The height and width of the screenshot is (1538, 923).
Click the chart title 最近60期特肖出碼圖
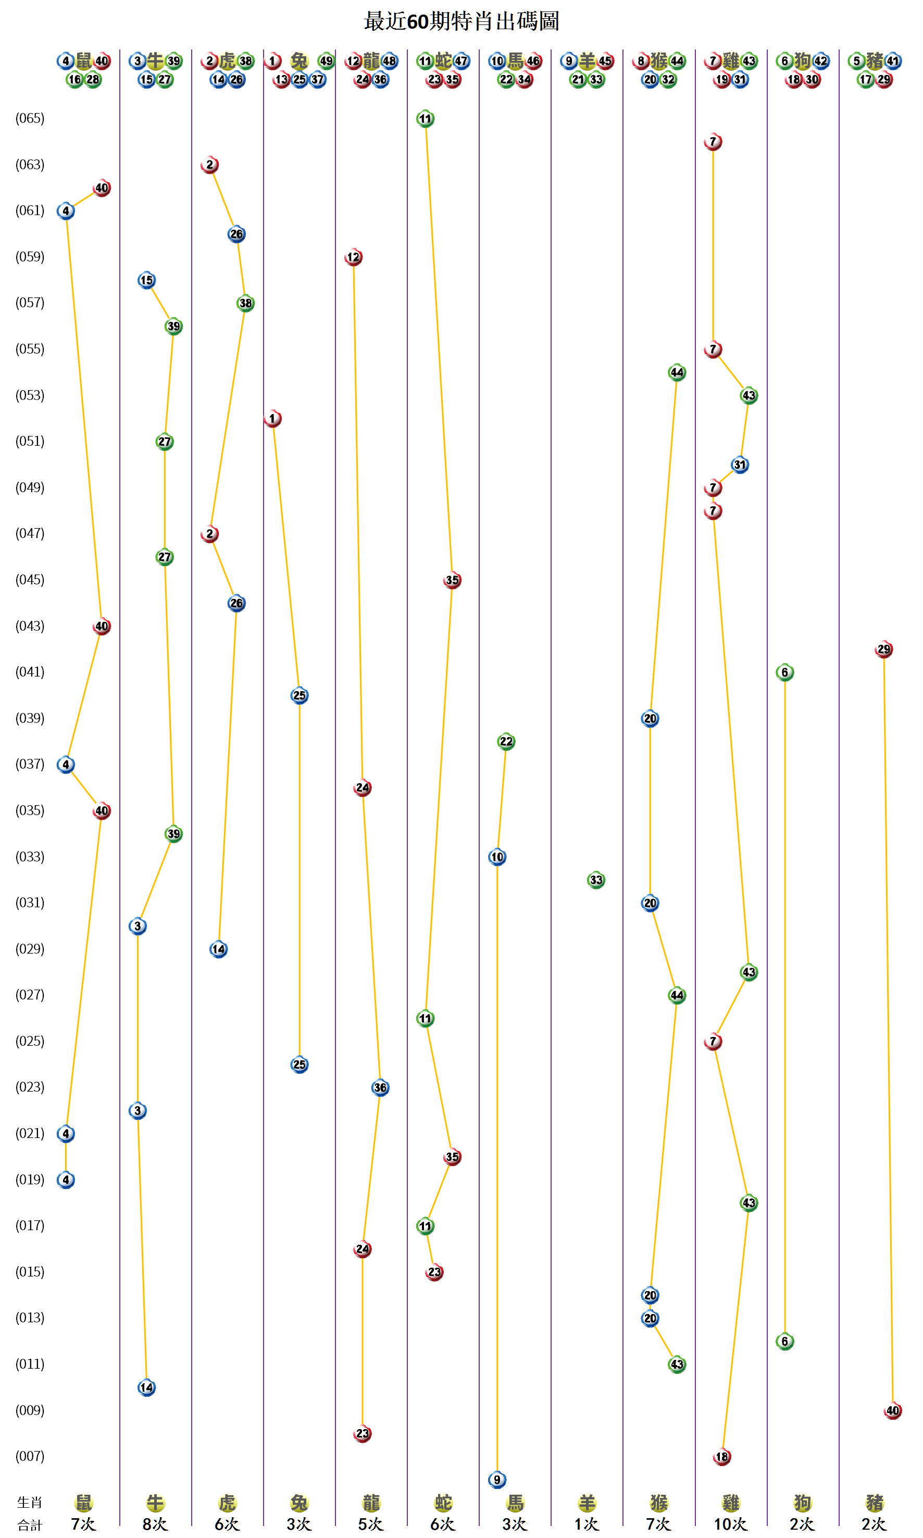[461, 21]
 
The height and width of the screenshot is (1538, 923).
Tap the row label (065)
[30, 118]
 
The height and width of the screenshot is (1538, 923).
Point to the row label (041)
[30, 672]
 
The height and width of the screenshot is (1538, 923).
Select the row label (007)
[30, 1455]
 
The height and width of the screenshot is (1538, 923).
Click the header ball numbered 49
[326, 61]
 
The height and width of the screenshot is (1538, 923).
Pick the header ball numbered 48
[389, 61]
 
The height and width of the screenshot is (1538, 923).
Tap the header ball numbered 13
[282, 80]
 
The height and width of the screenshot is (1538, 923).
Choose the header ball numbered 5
[856, 61]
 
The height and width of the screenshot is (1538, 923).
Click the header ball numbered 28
[93, 80]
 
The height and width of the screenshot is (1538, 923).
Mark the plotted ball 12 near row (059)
[353, 257]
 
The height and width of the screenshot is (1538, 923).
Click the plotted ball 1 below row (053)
[272, 419]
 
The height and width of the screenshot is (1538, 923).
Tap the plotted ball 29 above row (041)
[883, 649]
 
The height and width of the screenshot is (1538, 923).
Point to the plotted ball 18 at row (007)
[721, 1457]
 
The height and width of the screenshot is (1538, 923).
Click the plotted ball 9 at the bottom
[497, 1480]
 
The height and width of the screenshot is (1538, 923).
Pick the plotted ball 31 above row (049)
[740, 465]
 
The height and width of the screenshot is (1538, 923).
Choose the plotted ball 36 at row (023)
[380, 1087]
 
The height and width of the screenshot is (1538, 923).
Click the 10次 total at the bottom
[730, 1524]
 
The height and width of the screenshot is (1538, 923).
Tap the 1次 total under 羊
[587, 1524]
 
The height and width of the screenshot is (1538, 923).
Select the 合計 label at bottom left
[30, 1525]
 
